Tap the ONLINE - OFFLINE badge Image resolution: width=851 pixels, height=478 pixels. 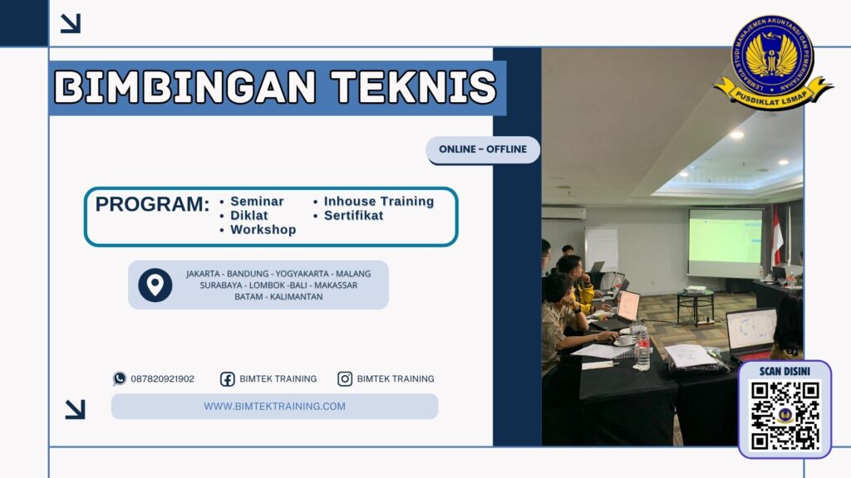click(x=483, y=149)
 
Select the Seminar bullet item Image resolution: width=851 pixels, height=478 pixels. click(x=257, y=202)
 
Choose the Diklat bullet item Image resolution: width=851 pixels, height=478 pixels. click(x=248, y=216)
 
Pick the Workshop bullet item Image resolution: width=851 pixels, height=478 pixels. click(x=263, y=230)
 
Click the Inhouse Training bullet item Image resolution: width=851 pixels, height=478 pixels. click(x=378, y=202)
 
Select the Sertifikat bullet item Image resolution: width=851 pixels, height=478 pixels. click(x=353, y=216)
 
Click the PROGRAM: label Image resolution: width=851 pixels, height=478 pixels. click(x=152, y=204)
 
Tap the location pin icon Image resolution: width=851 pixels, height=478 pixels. click(x=155, y=285)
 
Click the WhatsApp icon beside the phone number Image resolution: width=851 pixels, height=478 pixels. click(x=120, y=378)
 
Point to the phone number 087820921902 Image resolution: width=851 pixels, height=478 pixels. click(x=162, y=378)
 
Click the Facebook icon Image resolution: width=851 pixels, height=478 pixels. click(x=227, y=379)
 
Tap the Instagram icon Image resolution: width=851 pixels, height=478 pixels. click(x=345, y=379)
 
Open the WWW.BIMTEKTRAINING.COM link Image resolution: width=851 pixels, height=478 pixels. click(x=274, y=407)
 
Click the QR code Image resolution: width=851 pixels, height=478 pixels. click(x=785, y=415)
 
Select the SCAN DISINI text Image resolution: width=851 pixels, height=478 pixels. click(x=785, y=371)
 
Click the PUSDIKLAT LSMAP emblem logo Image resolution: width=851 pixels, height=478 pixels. click(x=772, y=62)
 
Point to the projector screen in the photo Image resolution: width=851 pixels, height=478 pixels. click(x=725, y=236)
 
